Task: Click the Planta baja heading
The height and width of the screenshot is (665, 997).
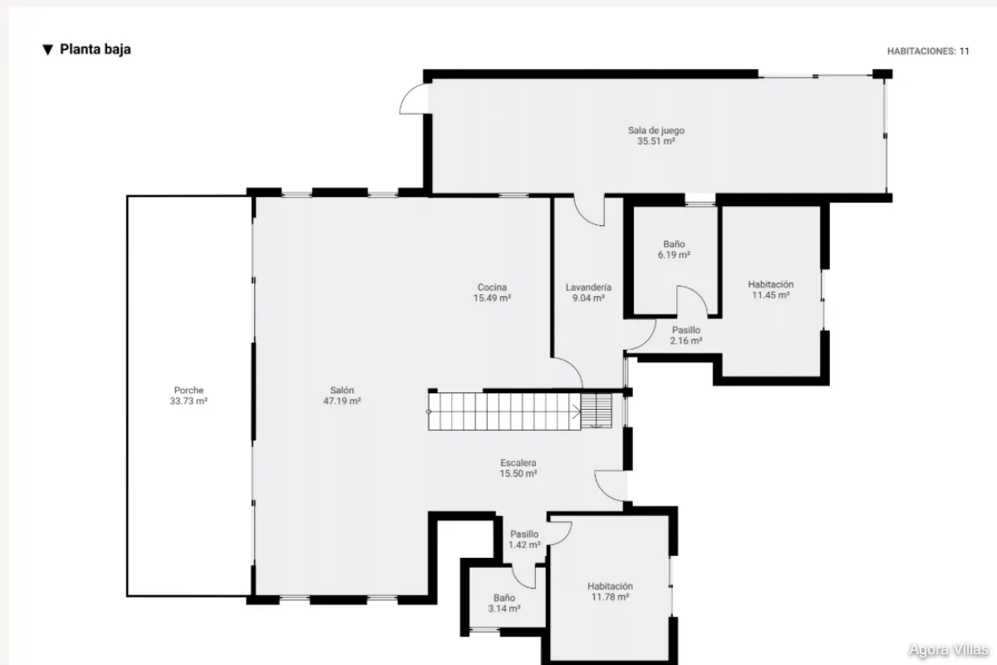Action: click(96, 49)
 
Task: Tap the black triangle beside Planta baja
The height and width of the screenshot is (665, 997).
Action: click(47, 50)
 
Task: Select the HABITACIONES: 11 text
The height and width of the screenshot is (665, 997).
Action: click(928, 52)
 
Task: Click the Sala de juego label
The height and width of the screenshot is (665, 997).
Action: click(656, 131)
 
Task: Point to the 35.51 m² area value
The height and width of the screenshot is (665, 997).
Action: click(656, 141)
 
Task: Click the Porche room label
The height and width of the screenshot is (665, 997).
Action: click(189, 390)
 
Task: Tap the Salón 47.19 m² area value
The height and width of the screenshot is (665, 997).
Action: click(341, 401)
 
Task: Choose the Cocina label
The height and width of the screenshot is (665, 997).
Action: click(492, 288)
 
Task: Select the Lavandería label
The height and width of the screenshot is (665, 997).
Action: click(588, 288)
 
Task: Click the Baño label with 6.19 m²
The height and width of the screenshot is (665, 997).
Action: click(674, 244)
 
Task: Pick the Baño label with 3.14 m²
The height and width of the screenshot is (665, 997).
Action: click(504, 598)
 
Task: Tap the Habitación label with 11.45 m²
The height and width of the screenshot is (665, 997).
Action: click(771, 284)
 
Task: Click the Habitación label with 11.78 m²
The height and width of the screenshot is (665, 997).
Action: click(610, 586)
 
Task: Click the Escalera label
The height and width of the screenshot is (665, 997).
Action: click(518, 463)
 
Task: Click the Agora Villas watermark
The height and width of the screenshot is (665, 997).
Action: click(949, 650)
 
